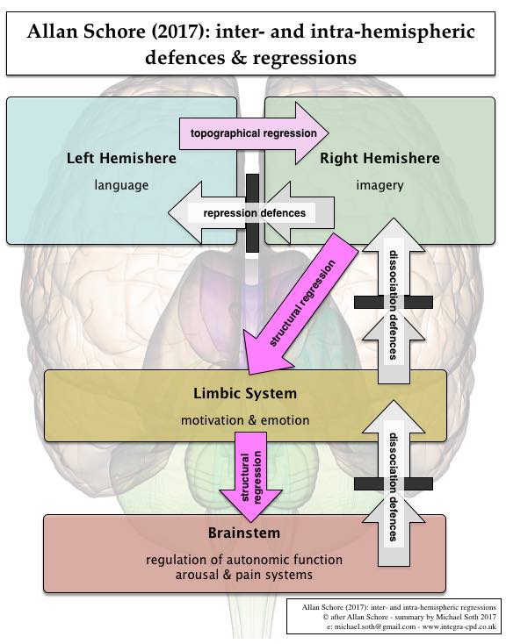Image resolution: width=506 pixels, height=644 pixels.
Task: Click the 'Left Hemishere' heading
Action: click(121, 158)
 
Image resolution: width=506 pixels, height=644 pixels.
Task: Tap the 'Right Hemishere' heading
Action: click(379, 158)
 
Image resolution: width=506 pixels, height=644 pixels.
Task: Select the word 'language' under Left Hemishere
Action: click(121, 185)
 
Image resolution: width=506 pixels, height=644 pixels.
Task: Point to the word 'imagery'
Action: click(379, 185)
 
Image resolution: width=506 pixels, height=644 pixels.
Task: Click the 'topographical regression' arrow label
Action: click(253, 133)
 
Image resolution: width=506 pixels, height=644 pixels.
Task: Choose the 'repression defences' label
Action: click(254, 213)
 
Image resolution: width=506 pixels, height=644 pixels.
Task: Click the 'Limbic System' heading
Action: click(245, 393)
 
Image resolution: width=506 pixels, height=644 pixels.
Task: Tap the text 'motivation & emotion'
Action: click(245, 420)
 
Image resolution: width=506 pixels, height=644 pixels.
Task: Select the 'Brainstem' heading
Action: click(244, 533)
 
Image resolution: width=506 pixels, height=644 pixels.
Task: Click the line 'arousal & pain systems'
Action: click(244, 575)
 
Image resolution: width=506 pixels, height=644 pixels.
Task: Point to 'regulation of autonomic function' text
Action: click(244, 560)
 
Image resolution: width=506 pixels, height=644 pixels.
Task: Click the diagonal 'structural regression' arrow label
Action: click(302, 303)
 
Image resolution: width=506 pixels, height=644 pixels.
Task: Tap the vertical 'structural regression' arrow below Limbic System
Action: click(251, 476)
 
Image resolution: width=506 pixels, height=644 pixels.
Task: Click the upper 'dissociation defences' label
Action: click(394, 304)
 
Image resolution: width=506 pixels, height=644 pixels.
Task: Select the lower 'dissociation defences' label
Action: click(394, 487)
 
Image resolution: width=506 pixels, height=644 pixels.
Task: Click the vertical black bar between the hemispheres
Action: click(253, 213)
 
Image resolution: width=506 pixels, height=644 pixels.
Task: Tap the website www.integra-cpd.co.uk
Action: click(459, 626)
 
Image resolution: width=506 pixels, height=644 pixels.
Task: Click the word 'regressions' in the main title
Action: click(305, 58)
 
